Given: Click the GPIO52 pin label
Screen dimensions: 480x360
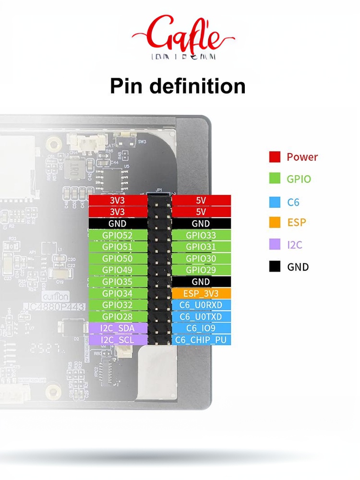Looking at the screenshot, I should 118,235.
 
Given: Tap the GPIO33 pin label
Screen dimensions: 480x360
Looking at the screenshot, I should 201,235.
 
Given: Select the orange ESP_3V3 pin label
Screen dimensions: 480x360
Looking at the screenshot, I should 201,293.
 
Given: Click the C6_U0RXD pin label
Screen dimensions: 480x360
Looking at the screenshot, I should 201,305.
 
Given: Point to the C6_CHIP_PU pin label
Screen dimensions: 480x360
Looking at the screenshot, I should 201,340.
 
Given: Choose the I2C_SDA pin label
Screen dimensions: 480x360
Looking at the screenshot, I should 118,328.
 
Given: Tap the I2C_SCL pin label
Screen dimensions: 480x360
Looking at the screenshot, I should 118,340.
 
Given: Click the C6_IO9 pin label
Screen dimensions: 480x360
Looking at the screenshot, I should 201,328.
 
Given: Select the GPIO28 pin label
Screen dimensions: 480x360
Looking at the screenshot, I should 118,317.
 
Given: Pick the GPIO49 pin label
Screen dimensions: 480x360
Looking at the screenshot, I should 118,270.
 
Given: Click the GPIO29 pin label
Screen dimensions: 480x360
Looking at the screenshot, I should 201,270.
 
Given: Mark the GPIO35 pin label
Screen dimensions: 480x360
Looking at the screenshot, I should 118,282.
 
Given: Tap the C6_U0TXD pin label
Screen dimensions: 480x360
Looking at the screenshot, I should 201,317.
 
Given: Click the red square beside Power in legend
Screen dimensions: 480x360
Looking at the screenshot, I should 275,157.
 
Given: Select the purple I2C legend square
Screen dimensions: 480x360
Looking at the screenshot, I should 275,245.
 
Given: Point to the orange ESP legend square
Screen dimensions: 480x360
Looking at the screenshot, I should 275,223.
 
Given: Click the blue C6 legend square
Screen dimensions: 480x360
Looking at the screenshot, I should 275,202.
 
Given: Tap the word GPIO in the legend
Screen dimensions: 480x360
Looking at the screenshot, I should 299,180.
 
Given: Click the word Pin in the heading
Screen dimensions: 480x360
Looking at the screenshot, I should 126,86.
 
